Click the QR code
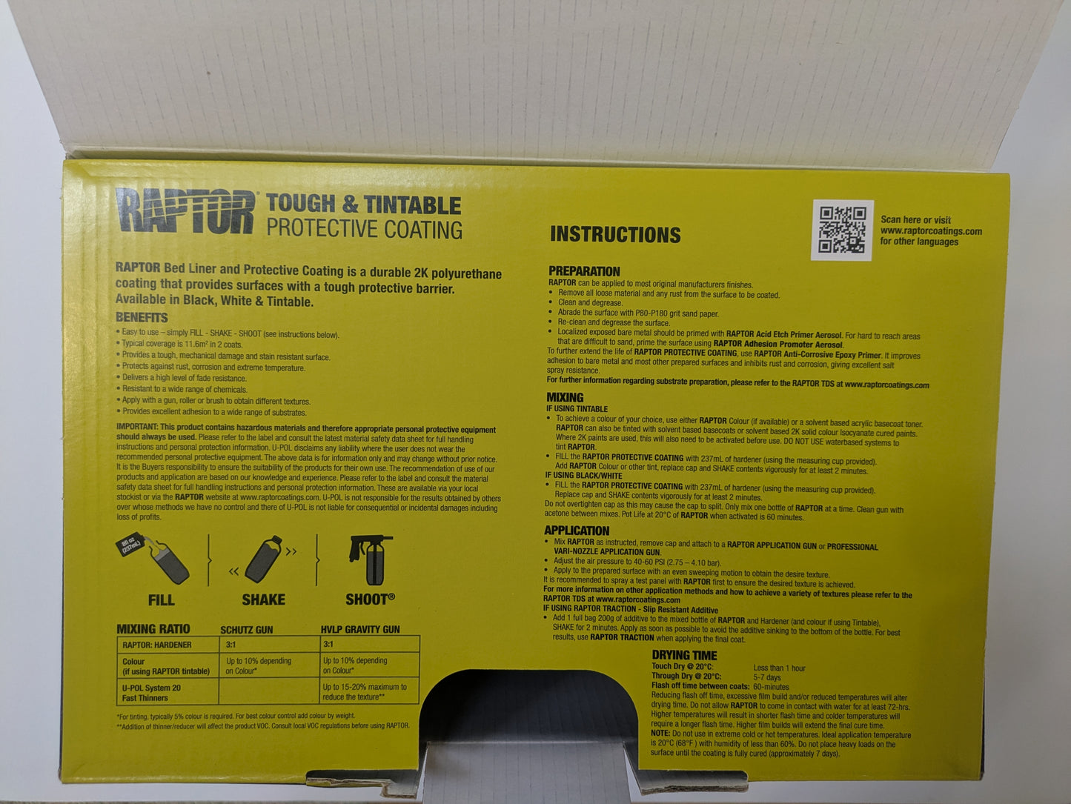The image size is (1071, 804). (842, 230)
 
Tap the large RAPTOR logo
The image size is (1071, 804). (185, 212)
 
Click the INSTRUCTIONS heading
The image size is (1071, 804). (615, 235)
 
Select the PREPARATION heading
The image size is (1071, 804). (584, 271)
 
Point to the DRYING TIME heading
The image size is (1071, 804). (684, 655)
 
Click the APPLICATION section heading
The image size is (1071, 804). (577, 531)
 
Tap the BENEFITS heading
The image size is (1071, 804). (142, 317)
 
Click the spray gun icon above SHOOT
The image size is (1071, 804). (370, 560)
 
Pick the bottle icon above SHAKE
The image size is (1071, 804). (263, 560)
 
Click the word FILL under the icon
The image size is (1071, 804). (161, 599)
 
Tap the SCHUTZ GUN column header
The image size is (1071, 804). (247, 630)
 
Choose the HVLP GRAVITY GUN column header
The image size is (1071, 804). (360, 630)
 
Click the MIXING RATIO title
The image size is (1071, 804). (153, 629)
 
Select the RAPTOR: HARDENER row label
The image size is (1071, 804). (157, 645)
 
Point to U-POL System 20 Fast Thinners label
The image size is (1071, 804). (151, 693)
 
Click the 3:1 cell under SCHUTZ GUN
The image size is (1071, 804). (231, 645)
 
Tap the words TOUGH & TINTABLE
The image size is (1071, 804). (363, 205)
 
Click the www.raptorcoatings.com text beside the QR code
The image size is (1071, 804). (931, 230)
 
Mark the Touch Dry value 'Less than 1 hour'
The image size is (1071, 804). (779, 668)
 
